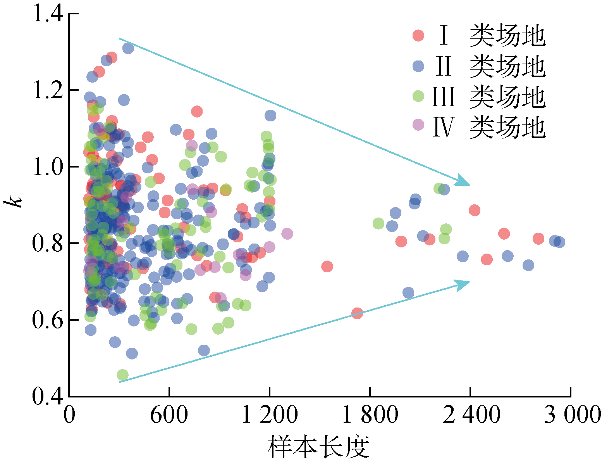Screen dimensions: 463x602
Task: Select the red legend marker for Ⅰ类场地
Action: tap(418, 35)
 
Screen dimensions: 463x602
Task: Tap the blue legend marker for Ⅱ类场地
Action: tap(418, 66)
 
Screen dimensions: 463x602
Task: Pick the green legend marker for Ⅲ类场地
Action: tap(418, 96)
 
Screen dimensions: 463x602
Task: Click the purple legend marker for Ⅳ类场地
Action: tap(418, 125)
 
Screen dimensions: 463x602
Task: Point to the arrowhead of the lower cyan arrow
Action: tap(463, 284)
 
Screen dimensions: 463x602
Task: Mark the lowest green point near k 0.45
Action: tap(122, 375)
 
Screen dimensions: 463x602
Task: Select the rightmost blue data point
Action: tap(559, 242)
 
